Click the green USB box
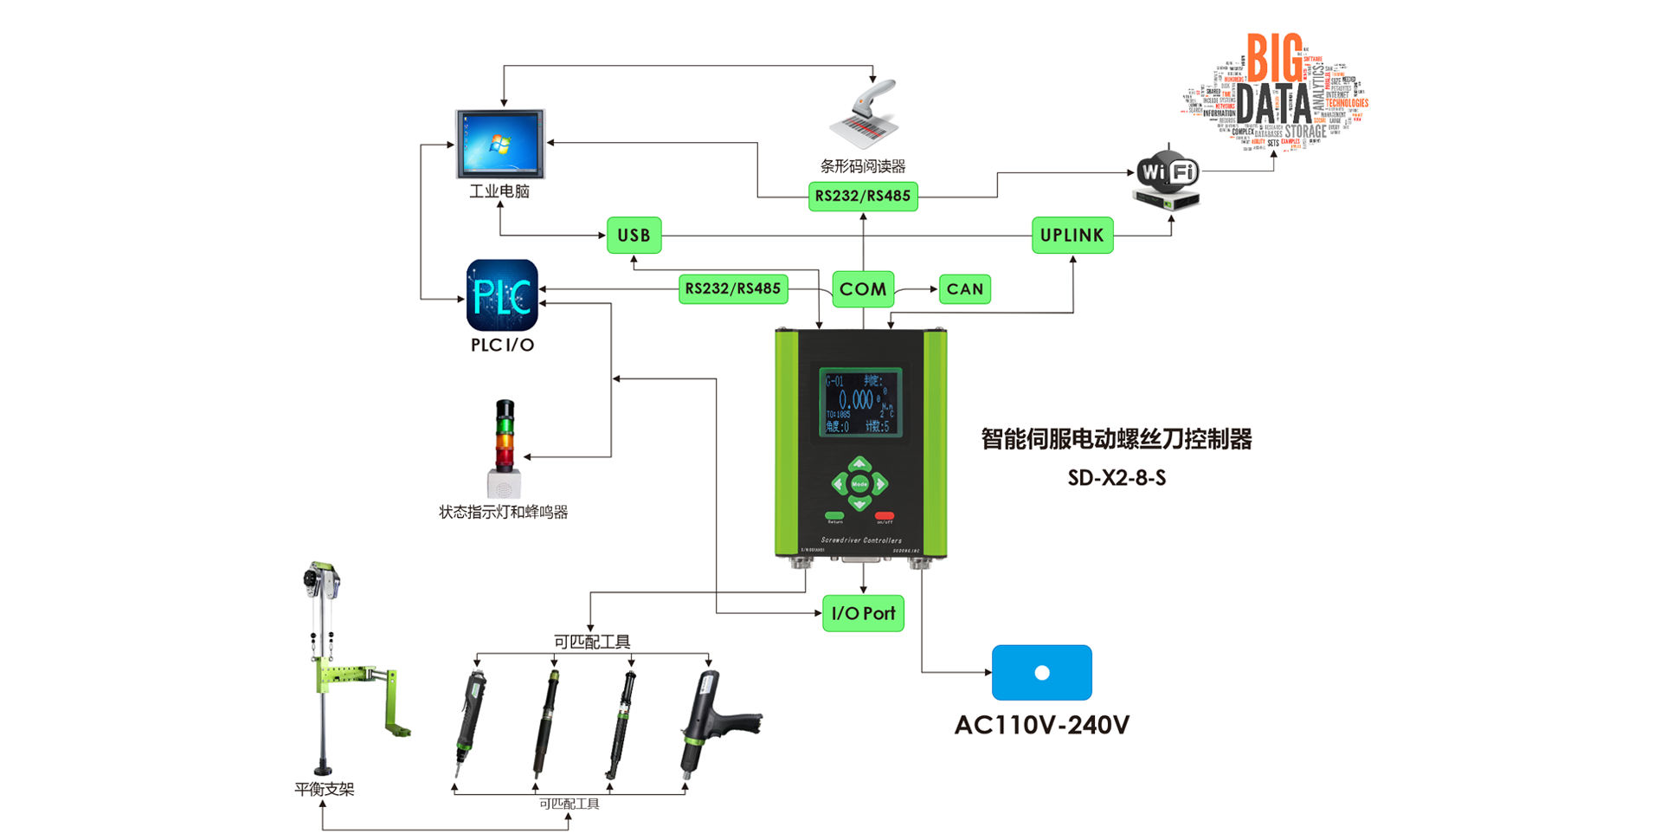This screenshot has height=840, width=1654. (634, 236)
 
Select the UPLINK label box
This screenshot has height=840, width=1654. (1072, 236)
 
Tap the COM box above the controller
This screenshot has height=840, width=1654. (862, 289)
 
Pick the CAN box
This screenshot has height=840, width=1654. (964, 289)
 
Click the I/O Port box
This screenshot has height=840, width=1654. (862, 613)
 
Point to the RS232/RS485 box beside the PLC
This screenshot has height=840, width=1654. (732, 288)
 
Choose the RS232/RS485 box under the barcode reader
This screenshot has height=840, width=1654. (862, 196)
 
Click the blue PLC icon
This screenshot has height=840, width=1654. (502, 295)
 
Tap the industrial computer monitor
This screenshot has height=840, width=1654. (500, 143)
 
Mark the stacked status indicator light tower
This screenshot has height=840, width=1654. (504, 446)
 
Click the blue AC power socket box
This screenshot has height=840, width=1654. (1041, 673)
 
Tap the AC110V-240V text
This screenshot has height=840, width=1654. (1041, 725)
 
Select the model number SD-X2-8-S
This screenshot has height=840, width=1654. (1117, 478)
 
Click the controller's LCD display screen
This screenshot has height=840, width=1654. (860, 403)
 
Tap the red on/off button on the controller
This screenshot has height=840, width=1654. (884, 516)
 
